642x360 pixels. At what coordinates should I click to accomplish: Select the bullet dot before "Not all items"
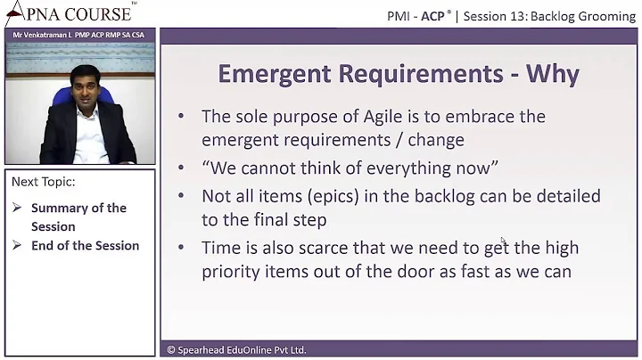[182, 196]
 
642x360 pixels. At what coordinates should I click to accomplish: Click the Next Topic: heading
[43, 182]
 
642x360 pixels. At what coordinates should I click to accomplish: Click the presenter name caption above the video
[78, 34]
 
